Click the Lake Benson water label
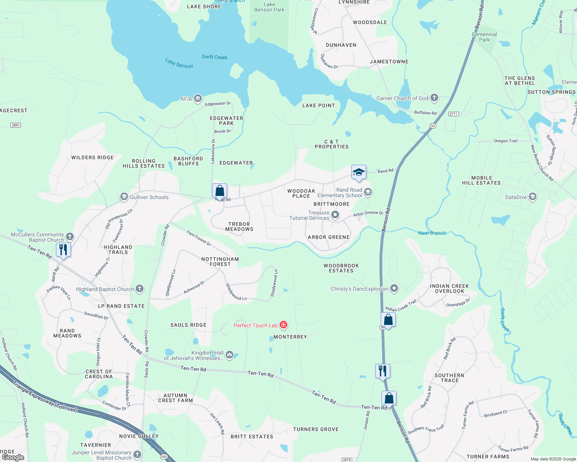[x=179, y=63]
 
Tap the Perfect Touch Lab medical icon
[x=283, y=325]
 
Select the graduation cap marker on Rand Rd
[x=359, y=172]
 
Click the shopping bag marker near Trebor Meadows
[x=219, y=191]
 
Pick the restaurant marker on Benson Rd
[x=383, y=371]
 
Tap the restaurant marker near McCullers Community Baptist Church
[x=63, y=250]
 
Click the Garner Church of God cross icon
[x=434, y=98]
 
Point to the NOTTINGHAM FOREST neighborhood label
[x=220, y=262]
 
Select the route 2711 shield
[x=454, y=114]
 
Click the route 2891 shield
[x=16, y=125]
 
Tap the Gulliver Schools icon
[x=124, y=197]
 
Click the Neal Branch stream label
[x=432, y=233]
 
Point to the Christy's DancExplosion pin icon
[x=394, y=288]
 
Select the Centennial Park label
[x=484, y=37]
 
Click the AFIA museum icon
[x=198, y=99]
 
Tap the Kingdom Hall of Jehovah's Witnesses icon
[x=229, y=355]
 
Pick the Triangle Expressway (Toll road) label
[x=44, y=397]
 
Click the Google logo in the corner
[x=13, y=457]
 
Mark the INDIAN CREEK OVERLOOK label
[x=449, y=288]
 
